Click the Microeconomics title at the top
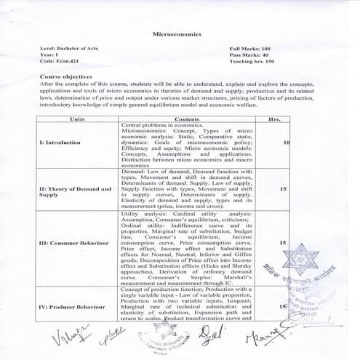[x=178, y=34]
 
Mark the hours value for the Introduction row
[x=287, y=143]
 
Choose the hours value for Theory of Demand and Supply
[x=282, y=188]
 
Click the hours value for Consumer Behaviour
[x=282, y=242]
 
